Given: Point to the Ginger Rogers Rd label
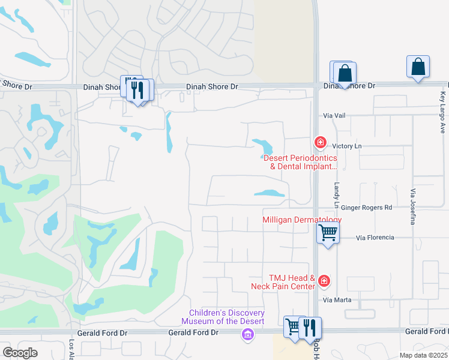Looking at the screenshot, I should pos(367,208).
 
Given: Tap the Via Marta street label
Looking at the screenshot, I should pos(336,300).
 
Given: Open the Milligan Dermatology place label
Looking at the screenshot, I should pos(302,220).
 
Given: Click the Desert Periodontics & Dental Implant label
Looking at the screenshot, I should pos(300,162).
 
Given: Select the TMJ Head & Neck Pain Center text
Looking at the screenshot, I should pos(283,282).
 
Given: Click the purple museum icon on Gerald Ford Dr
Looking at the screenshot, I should pos(247,334).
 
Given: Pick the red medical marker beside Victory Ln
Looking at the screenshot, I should pos(321,142).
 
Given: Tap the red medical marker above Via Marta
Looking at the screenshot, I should pos(324,280).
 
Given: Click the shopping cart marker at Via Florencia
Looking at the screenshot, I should pos(328,232).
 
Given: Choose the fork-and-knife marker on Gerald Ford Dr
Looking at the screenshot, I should pos(310,328).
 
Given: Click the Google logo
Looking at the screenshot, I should pos(20,353).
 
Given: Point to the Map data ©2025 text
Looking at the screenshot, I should pos(423,355).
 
